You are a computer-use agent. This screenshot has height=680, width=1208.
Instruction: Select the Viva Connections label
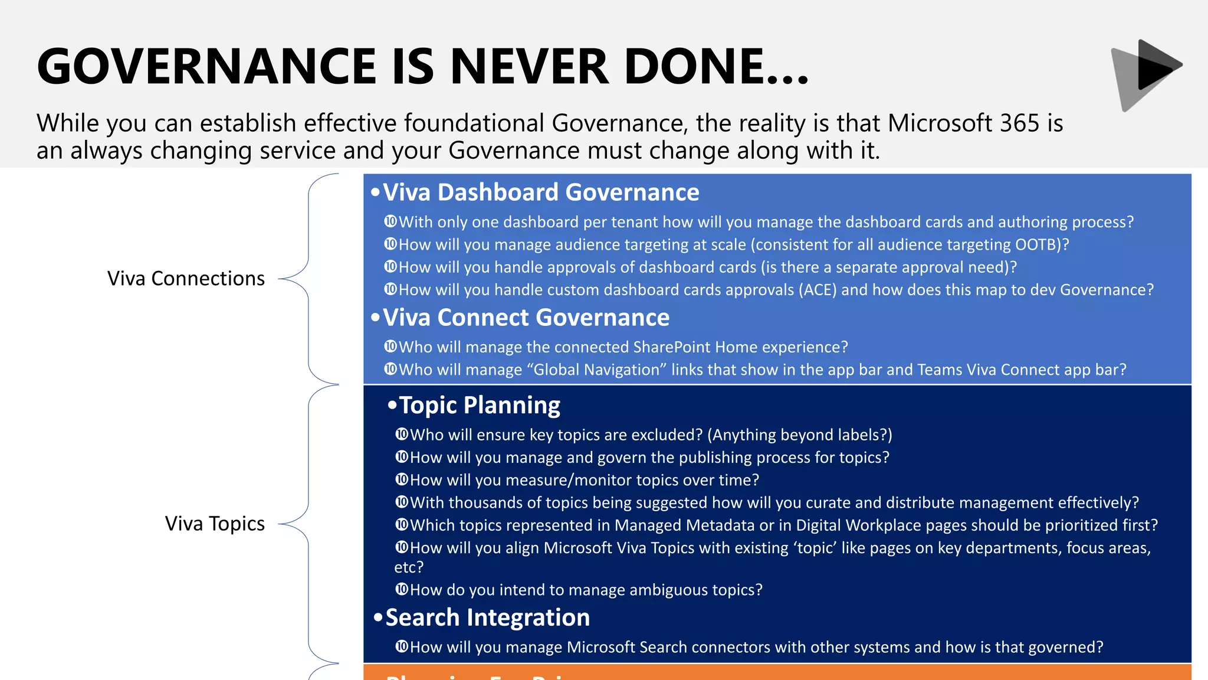(x=186, y=279)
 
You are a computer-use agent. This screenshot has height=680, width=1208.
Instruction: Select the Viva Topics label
(x=215, y=524)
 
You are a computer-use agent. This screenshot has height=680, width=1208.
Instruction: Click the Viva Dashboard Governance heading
(x=541, y=192)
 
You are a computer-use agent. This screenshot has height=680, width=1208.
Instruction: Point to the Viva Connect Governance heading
(x=526, y=318)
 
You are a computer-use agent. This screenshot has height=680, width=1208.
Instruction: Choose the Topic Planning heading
(x=480, y=406)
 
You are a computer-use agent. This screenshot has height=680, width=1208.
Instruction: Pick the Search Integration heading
(x=487, y=618)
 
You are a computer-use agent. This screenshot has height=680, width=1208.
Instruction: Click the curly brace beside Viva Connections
(x=308, y=279)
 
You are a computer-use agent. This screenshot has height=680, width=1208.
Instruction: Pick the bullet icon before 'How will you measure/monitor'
(x=402, y=480)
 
